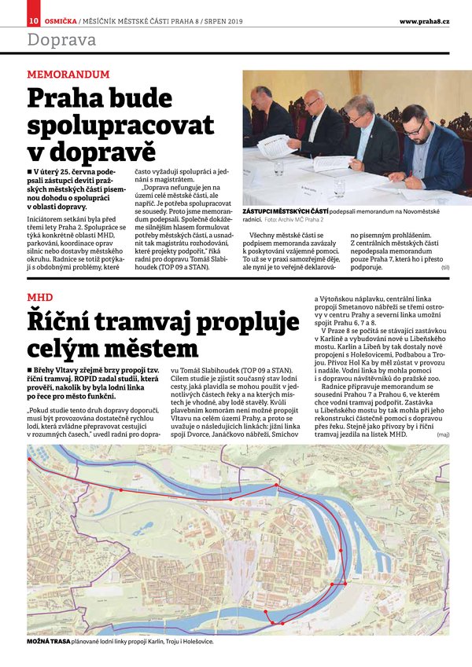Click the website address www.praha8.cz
coord(424,20)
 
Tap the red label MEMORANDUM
coord(68,75)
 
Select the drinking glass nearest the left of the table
coord(279,167)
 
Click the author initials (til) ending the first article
coord(445,268)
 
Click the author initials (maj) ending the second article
coord(444,433)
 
